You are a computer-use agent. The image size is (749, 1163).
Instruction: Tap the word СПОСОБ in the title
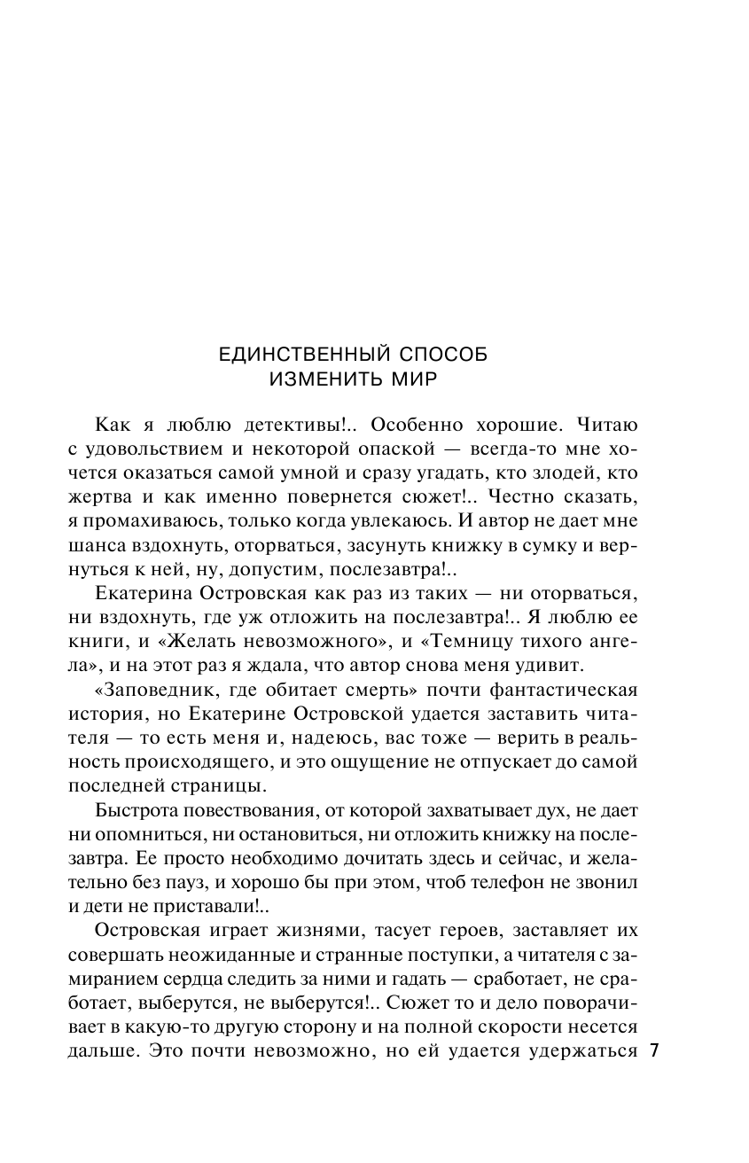tap(444, 355)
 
